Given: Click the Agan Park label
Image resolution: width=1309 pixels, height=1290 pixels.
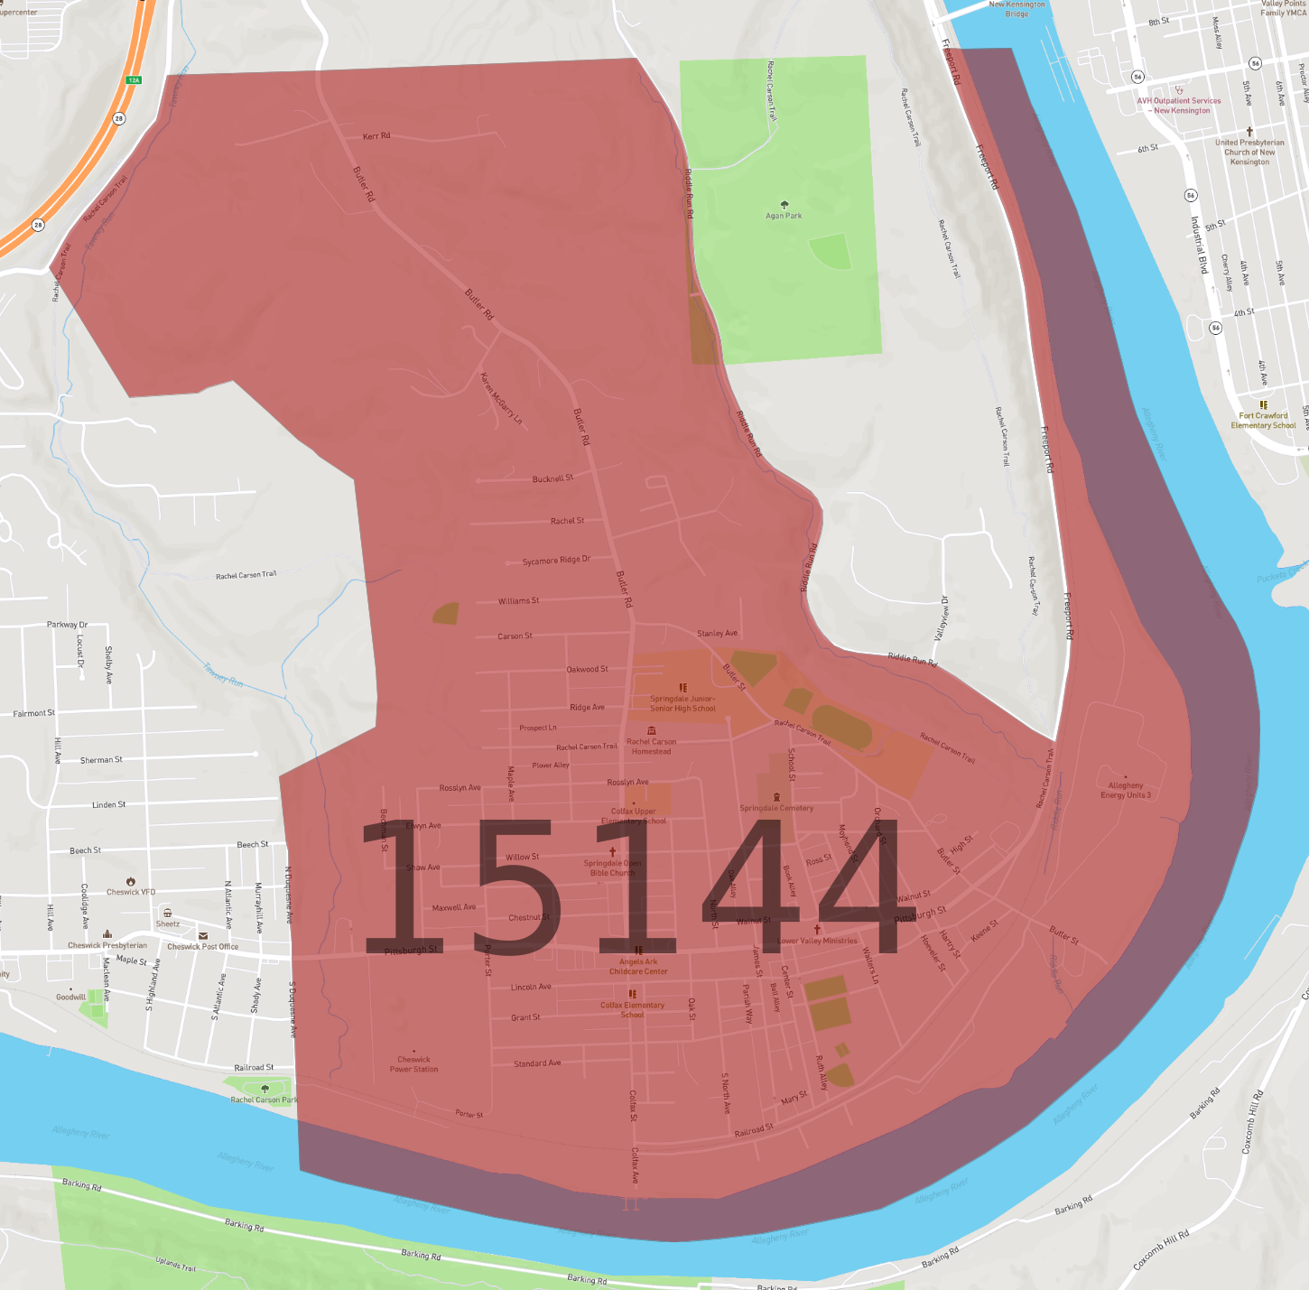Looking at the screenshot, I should tap(784, 216).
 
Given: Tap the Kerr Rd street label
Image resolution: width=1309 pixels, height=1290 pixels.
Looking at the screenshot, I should tap(376, 136).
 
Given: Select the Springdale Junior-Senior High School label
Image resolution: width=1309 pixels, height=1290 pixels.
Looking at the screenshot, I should tap(682, 703).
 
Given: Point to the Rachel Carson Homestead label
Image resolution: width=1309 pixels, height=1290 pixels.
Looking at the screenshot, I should tap(651, 747).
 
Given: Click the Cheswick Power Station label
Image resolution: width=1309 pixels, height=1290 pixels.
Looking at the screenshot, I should tap(413, 1064).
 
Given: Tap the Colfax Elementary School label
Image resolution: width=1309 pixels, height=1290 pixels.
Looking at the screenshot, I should tap(632, 1009).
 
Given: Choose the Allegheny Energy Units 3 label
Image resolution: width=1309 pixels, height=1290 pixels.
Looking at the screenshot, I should tap(1126, 791).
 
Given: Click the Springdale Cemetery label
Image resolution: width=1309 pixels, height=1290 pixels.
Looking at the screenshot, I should tap(776, 808).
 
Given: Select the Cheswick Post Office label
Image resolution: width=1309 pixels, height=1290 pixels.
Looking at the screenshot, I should tap(203, 947).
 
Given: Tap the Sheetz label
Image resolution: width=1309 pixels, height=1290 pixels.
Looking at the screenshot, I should tap(167, 923).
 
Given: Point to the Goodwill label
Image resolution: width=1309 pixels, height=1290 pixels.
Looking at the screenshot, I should tap(70, 998).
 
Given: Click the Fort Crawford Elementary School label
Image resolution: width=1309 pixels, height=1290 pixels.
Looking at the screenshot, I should tap(1263, 421).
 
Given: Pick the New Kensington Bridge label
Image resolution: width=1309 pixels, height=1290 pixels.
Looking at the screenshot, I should tap(1017, 9).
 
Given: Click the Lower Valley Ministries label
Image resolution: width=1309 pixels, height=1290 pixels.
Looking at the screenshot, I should tap(818, 941).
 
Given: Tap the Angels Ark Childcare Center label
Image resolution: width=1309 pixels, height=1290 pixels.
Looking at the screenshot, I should tap(638, 967).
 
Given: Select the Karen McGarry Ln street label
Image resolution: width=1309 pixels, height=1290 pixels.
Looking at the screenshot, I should tap(501, 398).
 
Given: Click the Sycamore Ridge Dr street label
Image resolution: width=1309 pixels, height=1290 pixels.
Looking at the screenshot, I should tap(556, 561).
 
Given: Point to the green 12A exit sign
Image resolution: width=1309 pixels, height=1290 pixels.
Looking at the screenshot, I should tap(134, 80).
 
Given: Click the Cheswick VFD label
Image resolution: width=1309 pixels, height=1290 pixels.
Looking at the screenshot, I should tap(131, 892).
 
